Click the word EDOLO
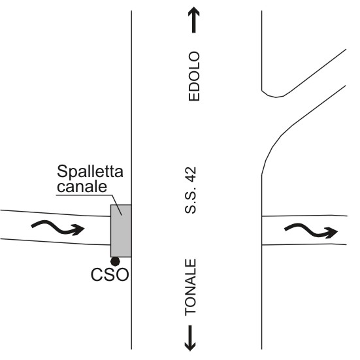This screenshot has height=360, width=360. [x=194, y=76]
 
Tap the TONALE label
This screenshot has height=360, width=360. [x=191, y=287]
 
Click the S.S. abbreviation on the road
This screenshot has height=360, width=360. [x=191, y=202]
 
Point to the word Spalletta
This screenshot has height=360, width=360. [x=90, y=171]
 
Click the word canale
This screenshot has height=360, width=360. [x=82, y=186]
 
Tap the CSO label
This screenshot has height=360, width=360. [x=110, y=274]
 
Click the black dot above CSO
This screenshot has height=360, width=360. [x=115, y=261]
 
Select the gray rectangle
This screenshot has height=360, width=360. [x=121, y=231]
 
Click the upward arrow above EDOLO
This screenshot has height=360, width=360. [x=194, y=20]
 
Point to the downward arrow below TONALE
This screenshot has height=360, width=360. [x=190, y=338]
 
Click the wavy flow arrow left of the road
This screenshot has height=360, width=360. [x=58, y=227]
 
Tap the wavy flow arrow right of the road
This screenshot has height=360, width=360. [x=311, y=230]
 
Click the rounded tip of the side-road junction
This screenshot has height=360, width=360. [x=276, y=97]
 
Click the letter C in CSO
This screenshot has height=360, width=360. [x=97, y=274]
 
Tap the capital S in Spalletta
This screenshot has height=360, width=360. [x=62, y=171]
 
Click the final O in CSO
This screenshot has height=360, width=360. [x=122, y=274]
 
